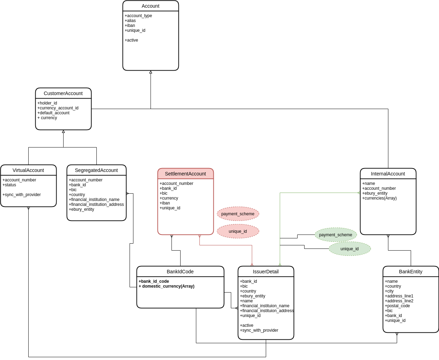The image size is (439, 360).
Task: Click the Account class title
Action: click(151, 6)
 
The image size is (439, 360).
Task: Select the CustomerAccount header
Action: click(63, 93)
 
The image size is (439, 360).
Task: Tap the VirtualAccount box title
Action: click(28, 170)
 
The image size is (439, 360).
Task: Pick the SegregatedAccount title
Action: click(96, 170)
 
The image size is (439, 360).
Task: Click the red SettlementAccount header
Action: click(185, 174)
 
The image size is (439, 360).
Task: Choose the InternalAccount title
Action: click(388, 174)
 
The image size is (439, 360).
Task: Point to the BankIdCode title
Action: click(180, 272)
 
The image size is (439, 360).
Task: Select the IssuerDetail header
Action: click(266, 272)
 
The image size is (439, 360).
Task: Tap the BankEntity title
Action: click(410, 272)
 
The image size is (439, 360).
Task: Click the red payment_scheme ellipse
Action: click(238, 214)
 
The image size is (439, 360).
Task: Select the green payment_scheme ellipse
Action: click(336, 235)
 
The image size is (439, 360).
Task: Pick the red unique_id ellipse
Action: click(238, 231)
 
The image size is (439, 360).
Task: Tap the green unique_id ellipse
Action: click(350, 249)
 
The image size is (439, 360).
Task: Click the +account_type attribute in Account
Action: click(138, 16)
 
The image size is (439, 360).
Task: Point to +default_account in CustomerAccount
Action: click(53, 113)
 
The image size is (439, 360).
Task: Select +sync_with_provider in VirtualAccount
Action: click(21, 195)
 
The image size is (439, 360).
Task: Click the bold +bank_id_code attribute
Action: click(154, 281)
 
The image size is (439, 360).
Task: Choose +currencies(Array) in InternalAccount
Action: click(379, 198)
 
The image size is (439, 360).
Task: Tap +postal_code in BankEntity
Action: click(397, 305)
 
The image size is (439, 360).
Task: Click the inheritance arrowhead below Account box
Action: click(151, 72)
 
